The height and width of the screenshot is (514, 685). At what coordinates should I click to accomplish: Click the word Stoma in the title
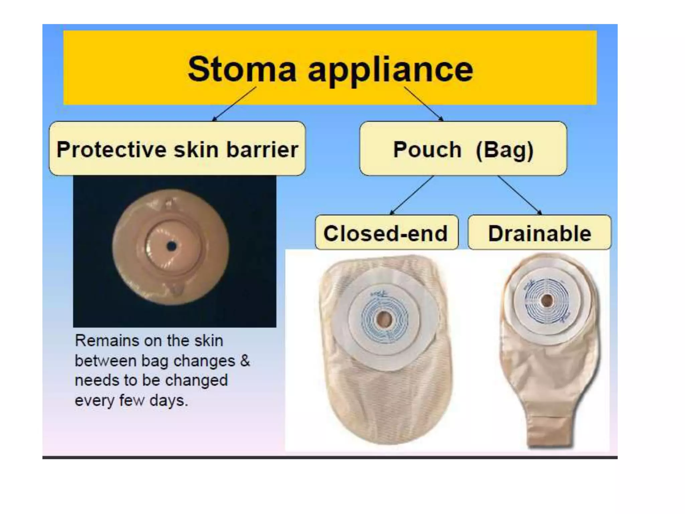[242, 69]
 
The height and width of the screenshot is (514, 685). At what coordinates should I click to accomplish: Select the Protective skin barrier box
[177, 149]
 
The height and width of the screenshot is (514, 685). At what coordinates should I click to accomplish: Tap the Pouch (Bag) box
[463, 149]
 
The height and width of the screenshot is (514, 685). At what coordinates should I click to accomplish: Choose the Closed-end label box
[386, 233]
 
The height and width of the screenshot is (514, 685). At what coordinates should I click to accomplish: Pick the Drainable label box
[539, 233]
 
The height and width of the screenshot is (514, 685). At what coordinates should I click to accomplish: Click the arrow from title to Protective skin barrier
[234, 104]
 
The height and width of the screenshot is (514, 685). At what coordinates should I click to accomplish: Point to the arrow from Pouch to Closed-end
[412, 195]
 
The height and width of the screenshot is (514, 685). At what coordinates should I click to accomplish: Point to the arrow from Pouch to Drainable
[519, 195]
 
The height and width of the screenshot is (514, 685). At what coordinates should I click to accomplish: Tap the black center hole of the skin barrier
[172, 247]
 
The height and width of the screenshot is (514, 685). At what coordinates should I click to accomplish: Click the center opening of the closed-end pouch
[383, 319]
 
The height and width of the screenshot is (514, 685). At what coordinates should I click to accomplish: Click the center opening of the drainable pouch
[547, 300]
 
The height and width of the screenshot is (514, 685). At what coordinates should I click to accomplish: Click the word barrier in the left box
[262, 149]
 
